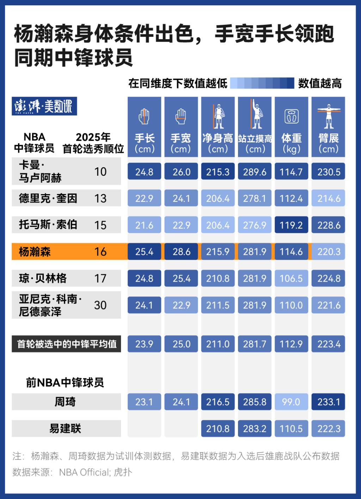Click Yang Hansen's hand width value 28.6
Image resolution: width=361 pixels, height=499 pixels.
(x=181, y=252)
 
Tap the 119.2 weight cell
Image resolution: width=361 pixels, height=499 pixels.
(x=291, y=225)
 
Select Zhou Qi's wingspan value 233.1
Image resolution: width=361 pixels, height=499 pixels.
(x=328, y=402)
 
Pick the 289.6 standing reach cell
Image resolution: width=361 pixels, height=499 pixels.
(x=255, y=172)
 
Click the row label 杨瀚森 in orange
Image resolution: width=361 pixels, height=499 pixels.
(x=35, y=252)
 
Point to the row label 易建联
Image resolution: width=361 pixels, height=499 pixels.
(x=65, y=428)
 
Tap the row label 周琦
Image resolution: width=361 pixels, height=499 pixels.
(x=65, y=402)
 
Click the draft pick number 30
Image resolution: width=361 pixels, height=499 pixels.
(x=100, y=305)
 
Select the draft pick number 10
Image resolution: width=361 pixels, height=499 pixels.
(x=100, y=172)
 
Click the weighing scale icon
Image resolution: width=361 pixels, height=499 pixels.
(x=292, y=116)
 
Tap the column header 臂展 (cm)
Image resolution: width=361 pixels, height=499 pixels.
(x=328, y=143)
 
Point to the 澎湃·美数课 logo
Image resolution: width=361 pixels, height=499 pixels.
(x=44, y=106)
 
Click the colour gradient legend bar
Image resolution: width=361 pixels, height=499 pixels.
(x=262, y=83)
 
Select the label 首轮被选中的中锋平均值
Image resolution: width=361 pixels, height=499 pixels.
(x=67, y=344)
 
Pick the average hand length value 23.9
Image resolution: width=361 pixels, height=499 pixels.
(x=144, y=344)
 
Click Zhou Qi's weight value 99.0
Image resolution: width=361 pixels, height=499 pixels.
(x=291, y=402)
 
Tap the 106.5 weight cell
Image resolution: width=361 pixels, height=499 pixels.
(x=291, y=278)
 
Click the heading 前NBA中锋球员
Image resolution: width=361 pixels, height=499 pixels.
(x=65, y=382)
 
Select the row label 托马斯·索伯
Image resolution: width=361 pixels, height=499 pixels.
(x=48, y=225)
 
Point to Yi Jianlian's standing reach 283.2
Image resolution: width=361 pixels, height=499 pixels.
(x=255, y=428)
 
